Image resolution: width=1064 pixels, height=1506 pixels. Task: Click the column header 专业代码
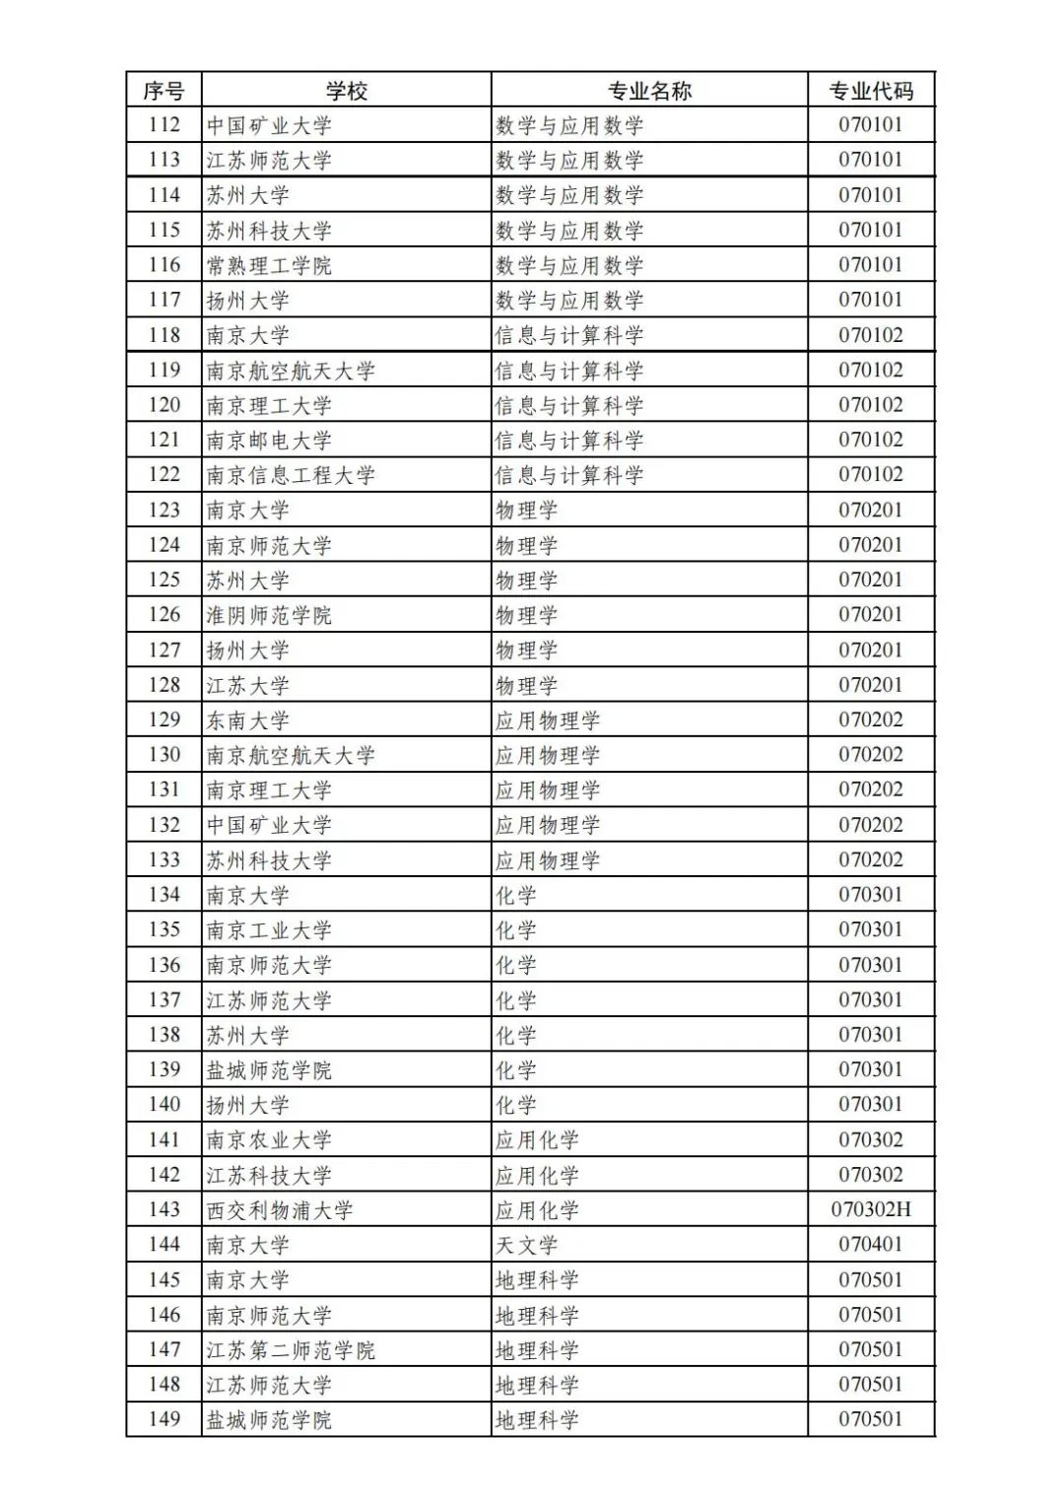[x=871, y=91]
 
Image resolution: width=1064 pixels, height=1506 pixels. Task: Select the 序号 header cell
[x=164, y=91]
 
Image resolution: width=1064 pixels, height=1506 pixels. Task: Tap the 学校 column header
[x=347, y=91]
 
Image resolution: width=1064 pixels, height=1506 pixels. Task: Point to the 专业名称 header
[x=649, y=91]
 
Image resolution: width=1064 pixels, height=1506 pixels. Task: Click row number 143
[x=164, y=1209]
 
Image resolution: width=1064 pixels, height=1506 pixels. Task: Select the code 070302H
[x=871, y=1209]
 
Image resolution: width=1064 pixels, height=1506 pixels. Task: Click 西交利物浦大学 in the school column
[x=280, y=1210]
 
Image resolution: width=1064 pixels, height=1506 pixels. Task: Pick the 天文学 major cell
[x=526, y=1245]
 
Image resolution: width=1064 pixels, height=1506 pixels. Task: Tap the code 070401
[x=871, y=1245]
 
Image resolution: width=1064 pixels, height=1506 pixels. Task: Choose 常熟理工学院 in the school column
[x=269, y=265]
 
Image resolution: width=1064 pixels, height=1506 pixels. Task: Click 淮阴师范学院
[x=269, y=615]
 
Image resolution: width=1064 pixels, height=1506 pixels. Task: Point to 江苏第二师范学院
[x=291, y=1350]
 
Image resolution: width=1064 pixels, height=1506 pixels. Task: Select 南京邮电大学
[x=269, y=441]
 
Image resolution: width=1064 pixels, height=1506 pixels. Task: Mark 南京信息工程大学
[x=291, y=475]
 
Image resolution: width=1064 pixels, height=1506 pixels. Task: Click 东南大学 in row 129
[x=247, y=720]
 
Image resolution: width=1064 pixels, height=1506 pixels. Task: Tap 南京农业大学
[x=269, y=1140]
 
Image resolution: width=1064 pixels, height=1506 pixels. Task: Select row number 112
[x=164, y=125]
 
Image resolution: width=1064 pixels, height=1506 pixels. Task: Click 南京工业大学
[x=269, y=930]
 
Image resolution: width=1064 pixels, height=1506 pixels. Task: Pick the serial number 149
[x=164, y=1419]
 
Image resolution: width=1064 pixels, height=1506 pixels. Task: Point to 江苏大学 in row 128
[x=247, y=685]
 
